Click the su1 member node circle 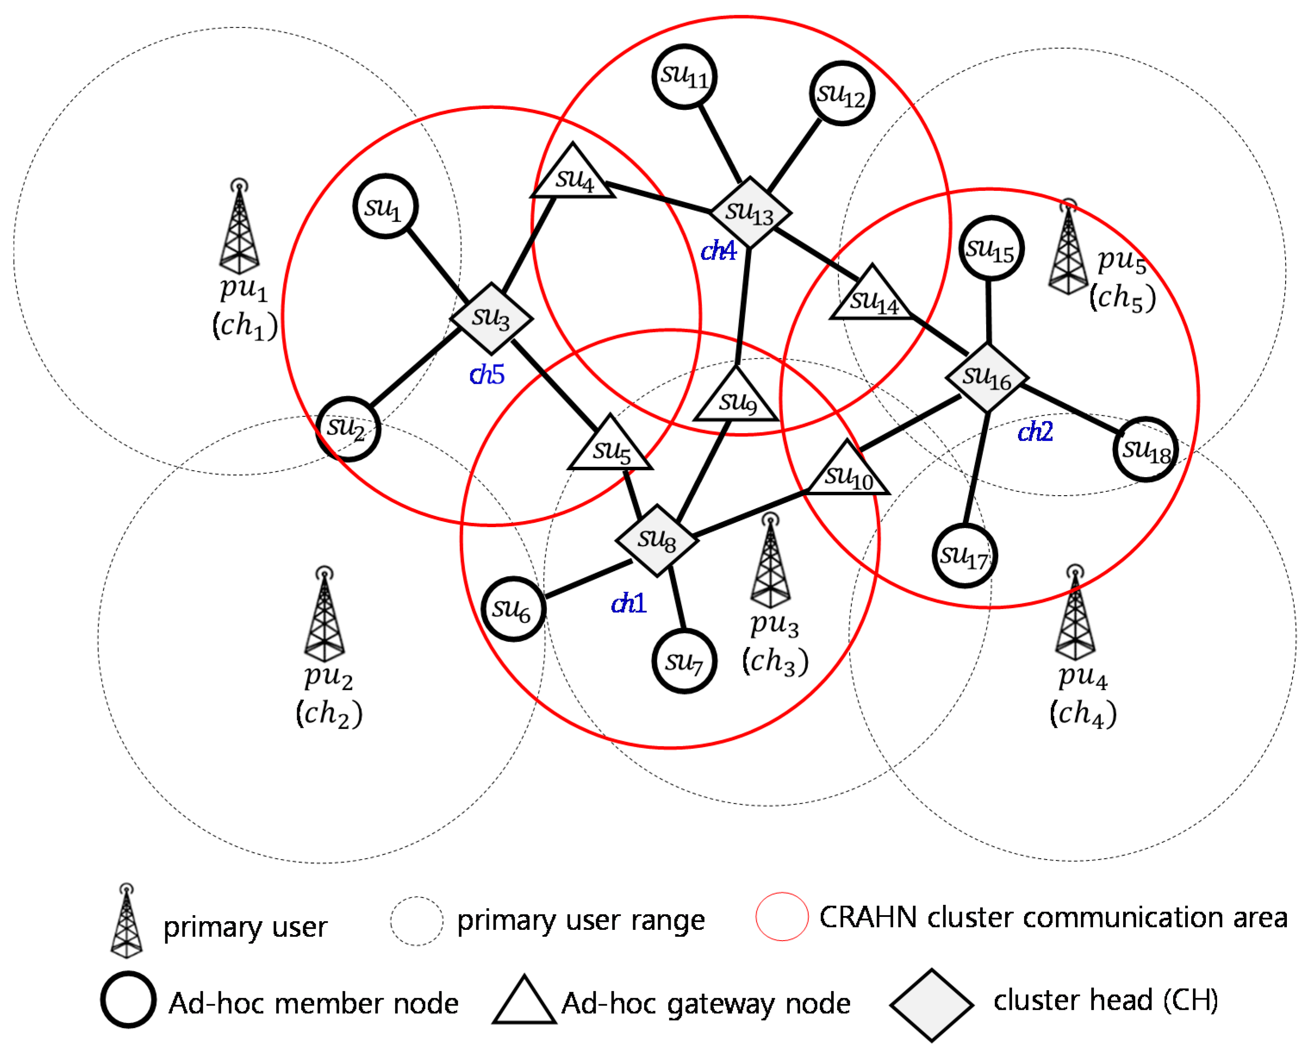[385, 206]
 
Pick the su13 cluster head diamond [750, 212]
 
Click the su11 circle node [684, 77]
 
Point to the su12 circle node [842, 94]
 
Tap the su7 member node [684, 661]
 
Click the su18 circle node [1145, 450]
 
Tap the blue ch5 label [487, 375]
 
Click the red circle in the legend [782, 917]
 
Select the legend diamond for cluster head [932, 1004]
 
